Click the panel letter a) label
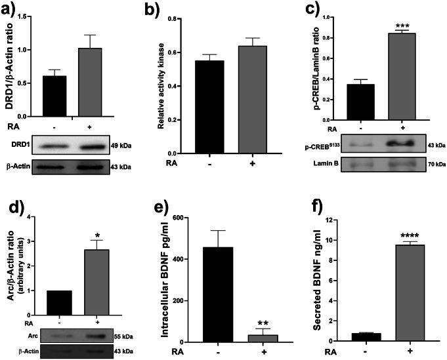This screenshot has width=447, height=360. pos(11,9)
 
